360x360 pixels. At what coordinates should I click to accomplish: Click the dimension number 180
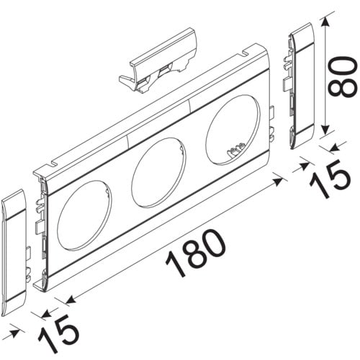(x=196, y=253)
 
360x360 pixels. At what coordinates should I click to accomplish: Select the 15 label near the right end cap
(x=330, y=179)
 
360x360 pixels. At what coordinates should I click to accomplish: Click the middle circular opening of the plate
(x=158, y=172)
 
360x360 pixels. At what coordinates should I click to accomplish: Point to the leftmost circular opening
(x=84, y=214)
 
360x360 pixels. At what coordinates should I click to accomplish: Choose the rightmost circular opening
(x=233, y=130)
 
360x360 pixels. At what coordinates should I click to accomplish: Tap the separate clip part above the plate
(x=158, y=61)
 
